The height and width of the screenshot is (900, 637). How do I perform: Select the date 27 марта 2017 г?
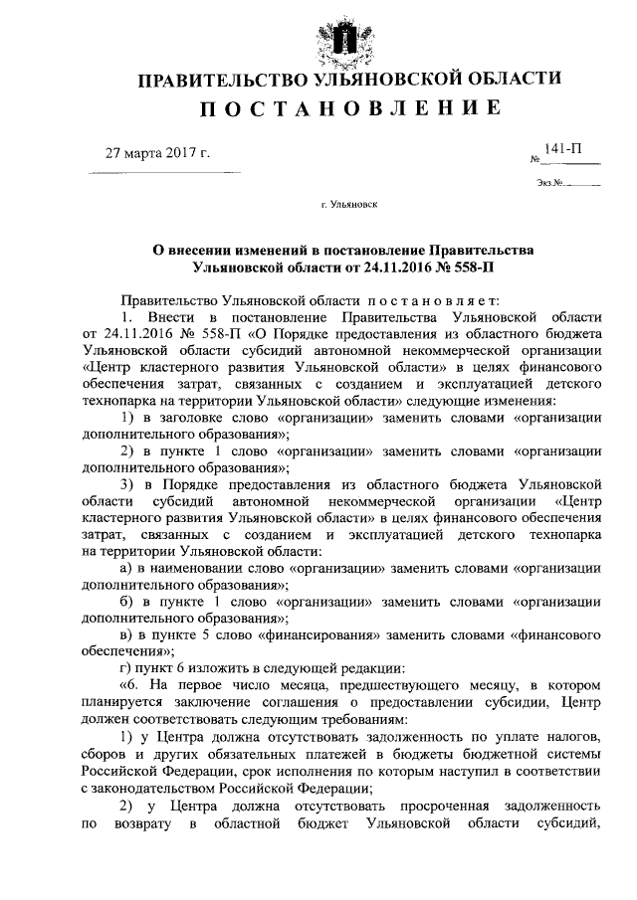click(158, 153)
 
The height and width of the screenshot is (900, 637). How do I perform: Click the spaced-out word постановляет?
click(407, 300)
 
